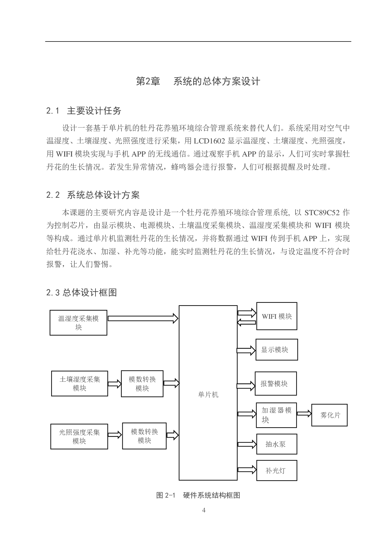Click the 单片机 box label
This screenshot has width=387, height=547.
pyautogui.click(x=208, y=395)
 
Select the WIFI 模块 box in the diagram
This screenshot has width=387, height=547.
pyautogui.click(x=277, y=316)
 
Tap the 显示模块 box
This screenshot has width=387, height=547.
pyautogui.click(x=277, y=350)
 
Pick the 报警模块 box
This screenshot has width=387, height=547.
pyautogui.click(x=276, y=384)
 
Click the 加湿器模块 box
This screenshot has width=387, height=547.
pyautogui.click(x=276, y=415)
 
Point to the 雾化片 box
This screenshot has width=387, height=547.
pyautogui.click(x=329, y=415)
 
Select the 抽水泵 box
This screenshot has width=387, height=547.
pyautogui.click(x=277, y=444)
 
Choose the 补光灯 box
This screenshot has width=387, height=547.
pyautogui.click(x=277, y=470)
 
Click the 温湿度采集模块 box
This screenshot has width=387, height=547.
pyautogui.click(x=78, y=323)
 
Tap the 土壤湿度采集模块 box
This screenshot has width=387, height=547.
pyautogui.click(x=80, y=384)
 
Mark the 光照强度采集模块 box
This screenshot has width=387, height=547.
pyautogui.click(x=79, y=437)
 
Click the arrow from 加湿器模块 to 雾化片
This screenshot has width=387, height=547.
pyautogui.click(x=304, y=414)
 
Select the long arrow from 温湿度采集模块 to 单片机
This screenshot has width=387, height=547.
pyautogui.click(x=143, y=318)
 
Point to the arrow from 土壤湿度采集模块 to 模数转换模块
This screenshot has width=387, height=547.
pyautogui.click(x=115, y=384)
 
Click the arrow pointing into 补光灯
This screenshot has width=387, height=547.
pyautogui.click(x=247, y=470)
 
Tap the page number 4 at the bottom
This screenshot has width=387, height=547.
pyautogui.click(x=204, y=510)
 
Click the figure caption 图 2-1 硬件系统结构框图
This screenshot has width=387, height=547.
pyautogui.click(x=198, y=495)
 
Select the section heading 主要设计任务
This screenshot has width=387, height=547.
pyautogui.click(x=94, y=111)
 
